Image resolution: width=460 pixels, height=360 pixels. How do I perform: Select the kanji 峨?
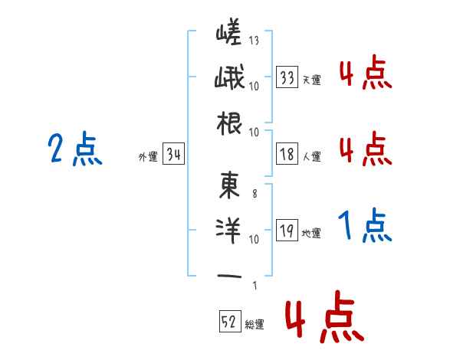pyautogui.click(x=229, y=78)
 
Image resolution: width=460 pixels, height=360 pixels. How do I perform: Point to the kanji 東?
pyautogui.click(x=229, y=185)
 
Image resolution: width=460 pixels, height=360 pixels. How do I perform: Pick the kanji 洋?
pyautogui.click(x=229, y=231)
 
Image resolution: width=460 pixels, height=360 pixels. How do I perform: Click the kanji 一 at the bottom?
pyautogui.click(x=229, y=275)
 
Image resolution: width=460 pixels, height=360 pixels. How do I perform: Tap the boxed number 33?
pyautogui.click(x=287, y=77)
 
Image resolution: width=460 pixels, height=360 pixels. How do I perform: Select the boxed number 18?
pyautogui.click(x=287, y=154)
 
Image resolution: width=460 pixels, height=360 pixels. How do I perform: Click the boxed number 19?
pyautogui.click(x=287, y=231)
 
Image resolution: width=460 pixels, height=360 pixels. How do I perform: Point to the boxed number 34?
pyautogui.click(x=174, y=155)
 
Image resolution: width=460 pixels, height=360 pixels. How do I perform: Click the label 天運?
pyautogui.click(x=311, y=80)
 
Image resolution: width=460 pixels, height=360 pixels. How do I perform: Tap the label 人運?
pyautogui.click(x=311, y=156)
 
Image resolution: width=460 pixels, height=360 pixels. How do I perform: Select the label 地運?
pyautogui.click(x=311, y=233)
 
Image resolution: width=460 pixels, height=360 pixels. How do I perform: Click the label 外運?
pyautogui.click(x=147, y=156)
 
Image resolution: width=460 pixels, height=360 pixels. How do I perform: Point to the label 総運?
pyautogui.click(x=254, y=324)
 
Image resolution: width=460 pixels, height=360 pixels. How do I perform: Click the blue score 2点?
pyautogui.click(x=73, y=149)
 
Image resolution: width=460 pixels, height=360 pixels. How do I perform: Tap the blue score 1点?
pyautogui.click(x=365, y=226)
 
